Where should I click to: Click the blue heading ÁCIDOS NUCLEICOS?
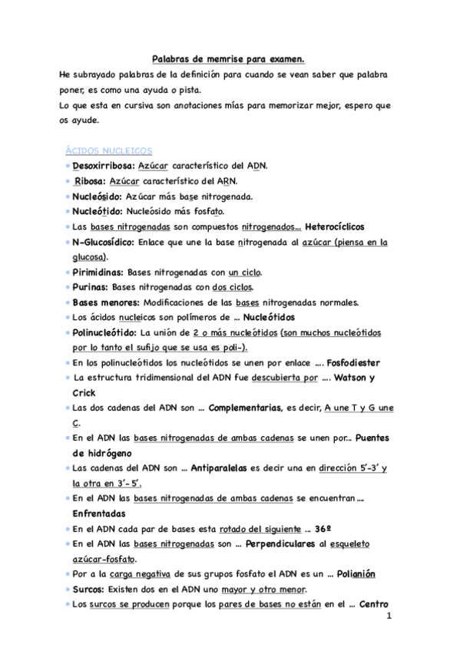pyautogui.click(x=110, y=151)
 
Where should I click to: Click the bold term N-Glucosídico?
pyautogui.click(x=104, y=243)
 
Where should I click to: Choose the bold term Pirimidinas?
pyautogui.click(x=98, y=273)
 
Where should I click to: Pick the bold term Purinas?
pyautogui.click(x=91, y=288)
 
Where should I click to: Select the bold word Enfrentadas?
pyautogui.click(x=102, y=514)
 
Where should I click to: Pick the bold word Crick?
pyautogui.click(x=84, y=393)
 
